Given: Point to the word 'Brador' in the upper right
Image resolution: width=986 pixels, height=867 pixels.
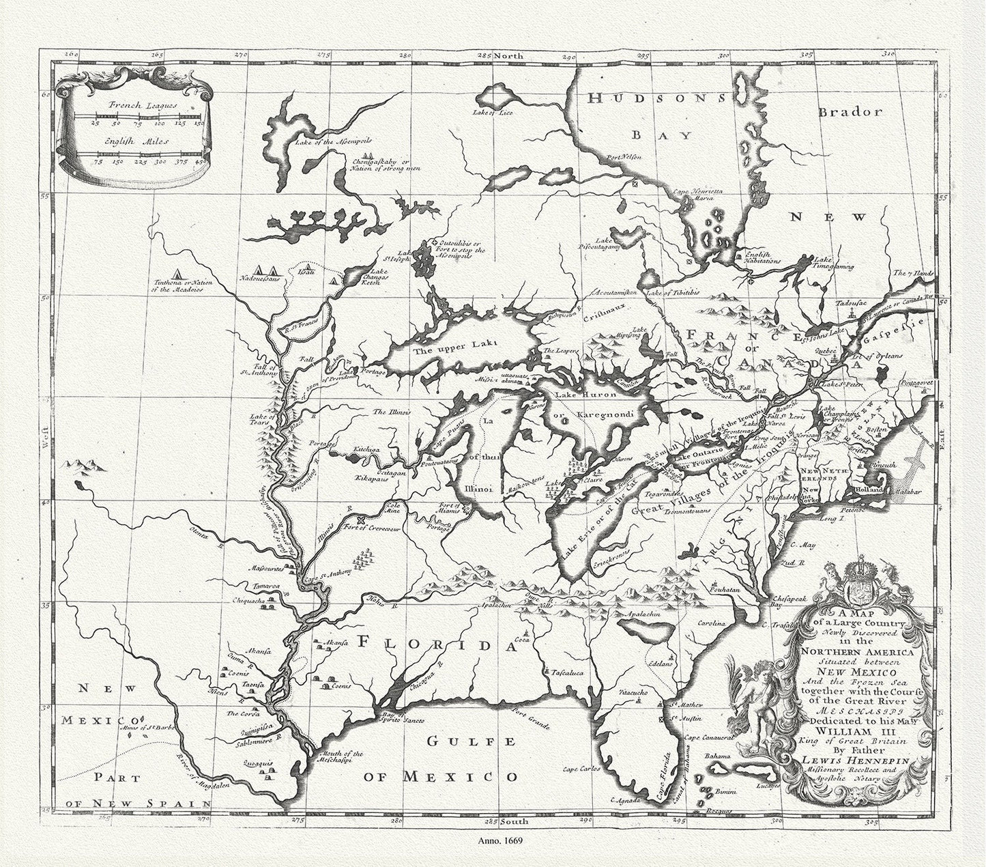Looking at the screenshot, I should tap(851, 111).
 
